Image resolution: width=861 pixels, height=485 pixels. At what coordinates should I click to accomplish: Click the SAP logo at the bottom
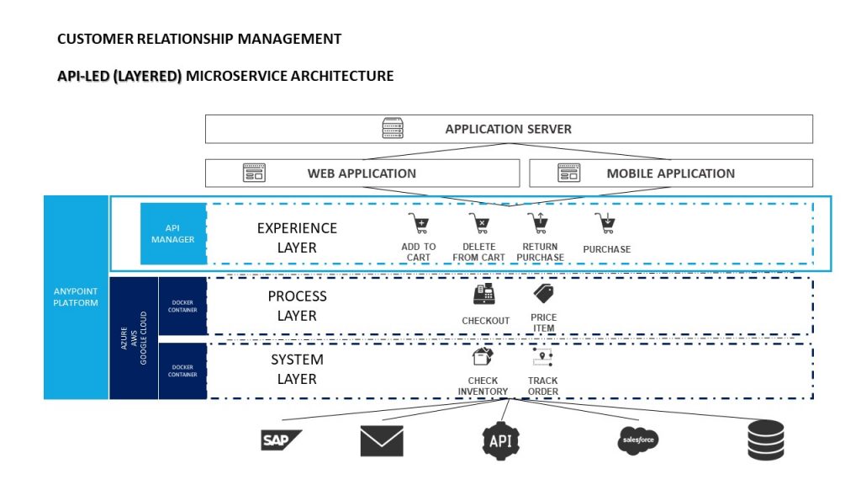click(x=280, y=440)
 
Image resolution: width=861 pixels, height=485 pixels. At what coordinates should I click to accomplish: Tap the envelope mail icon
click(x=381, y=440)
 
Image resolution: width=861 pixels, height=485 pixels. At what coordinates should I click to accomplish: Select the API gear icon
click(x=501, y=440)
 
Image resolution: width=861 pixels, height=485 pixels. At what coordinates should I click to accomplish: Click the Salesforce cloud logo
click(x=637, y=440)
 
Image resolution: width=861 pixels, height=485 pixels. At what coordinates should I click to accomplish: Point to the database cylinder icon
click(x=765, y=440)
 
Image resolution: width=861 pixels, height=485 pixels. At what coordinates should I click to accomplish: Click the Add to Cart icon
click(x=418, y=225)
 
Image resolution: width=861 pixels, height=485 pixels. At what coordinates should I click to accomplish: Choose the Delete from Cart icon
click(x=478, y=225)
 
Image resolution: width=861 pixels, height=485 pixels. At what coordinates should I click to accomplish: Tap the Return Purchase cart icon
click(x=536, y=225)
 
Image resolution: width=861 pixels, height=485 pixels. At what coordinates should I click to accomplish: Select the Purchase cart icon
click(x=605, y=225)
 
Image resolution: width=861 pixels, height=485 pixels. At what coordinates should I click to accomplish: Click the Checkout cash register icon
click(x=484, y=295)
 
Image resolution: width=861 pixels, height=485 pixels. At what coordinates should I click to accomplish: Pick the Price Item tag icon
click(x=543, y=294)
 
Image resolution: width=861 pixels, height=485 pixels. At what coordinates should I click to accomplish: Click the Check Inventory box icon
click(x=482, y=358)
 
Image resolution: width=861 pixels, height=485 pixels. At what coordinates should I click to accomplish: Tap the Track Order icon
click(x=542, y=358)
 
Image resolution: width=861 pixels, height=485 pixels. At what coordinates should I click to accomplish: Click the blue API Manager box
click(x=172, y=234)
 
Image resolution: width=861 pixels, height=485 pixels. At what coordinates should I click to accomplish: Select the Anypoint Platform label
click(x=76, y=297)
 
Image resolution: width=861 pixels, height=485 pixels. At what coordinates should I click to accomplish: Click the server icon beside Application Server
click(x=393, y=129)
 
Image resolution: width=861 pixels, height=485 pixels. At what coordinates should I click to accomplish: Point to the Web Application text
click(x=362, y=173)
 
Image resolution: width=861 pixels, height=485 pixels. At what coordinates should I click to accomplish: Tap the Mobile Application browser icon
click(x=569, y=173)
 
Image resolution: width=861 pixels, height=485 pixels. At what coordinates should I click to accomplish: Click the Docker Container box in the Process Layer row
click(x=182, y=306)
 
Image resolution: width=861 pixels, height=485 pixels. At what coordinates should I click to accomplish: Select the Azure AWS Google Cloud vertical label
click(x=133, y=337)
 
